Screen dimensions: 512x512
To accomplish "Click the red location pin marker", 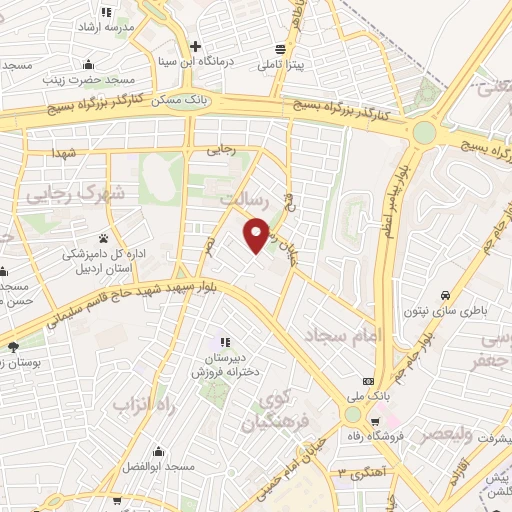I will point(257,234).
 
